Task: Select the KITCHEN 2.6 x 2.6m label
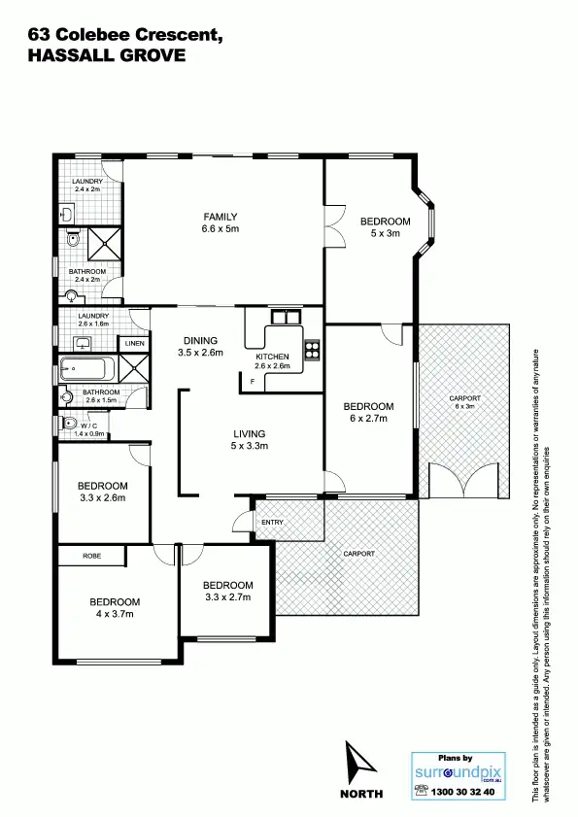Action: point(273,361)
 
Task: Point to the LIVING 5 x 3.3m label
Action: point(249,440)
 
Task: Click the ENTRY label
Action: point(271,523)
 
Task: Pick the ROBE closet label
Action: point(91,557)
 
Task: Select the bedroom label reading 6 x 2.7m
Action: point(369,413)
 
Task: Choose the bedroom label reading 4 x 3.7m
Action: point(116,607)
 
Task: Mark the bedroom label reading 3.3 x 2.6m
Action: point(102,492)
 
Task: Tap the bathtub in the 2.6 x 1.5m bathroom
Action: point(86,369)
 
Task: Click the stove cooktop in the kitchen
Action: point(313,350)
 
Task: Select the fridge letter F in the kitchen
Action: point(253,381)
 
